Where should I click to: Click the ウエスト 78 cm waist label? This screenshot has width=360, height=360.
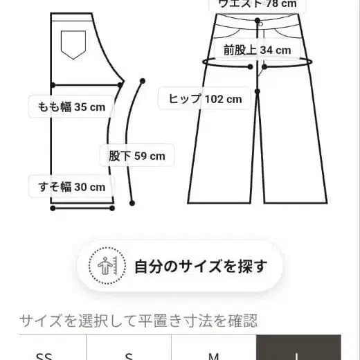click(258, 3)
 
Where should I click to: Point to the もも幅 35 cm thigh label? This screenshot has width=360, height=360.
click(71, 107)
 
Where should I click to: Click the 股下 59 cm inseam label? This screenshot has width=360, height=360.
click(136, 156)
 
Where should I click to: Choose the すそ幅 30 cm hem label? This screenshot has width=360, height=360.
click(71, 186)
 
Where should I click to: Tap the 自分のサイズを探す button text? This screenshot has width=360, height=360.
click(200, 266)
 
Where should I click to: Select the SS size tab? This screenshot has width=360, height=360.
click(44, 354)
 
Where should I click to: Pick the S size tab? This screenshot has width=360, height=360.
click(128, 354)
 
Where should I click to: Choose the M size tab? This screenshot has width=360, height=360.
click(214, 354)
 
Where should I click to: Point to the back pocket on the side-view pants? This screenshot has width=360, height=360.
click(72, 44)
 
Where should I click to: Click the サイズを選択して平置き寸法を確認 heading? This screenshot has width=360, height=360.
click(138, 321)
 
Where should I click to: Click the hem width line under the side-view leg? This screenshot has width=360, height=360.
click(82, 206)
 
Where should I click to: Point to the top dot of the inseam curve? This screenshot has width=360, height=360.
click(141, 79)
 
